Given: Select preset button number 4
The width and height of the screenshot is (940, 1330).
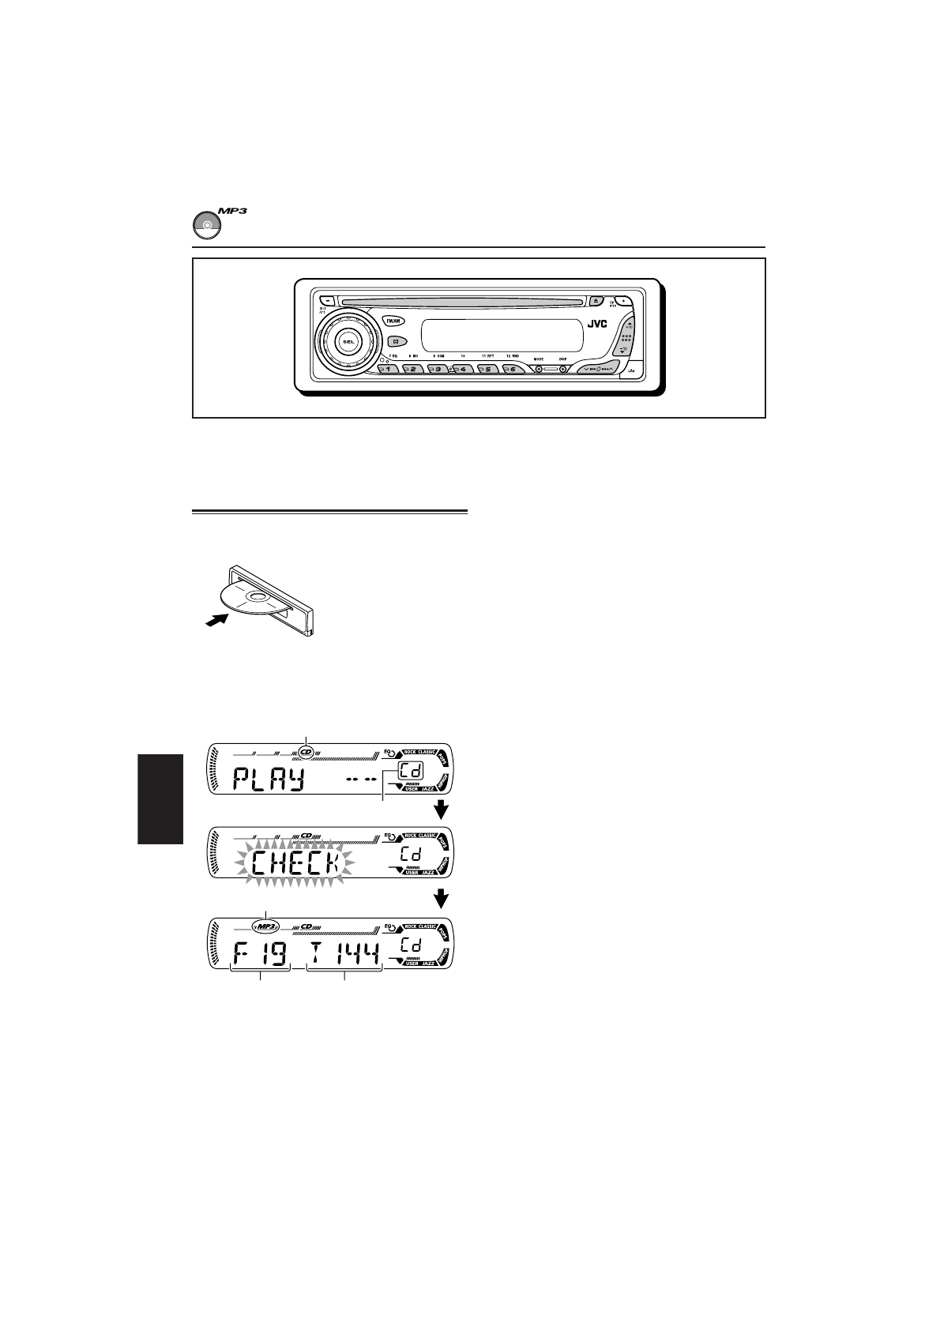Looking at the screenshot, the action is pyautogui.click(x=462, y=369).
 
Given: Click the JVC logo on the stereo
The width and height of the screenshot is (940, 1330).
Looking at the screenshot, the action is pyautogui.click(x=597, y=323).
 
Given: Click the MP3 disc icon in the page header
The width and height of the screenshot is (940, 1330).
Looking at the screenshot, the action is pyautogui.click(x=208, y=224).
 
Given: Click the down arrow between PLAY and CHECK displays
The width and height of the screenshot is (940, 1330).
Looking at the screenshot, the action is pyautogui.click(x=442, y=810).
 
